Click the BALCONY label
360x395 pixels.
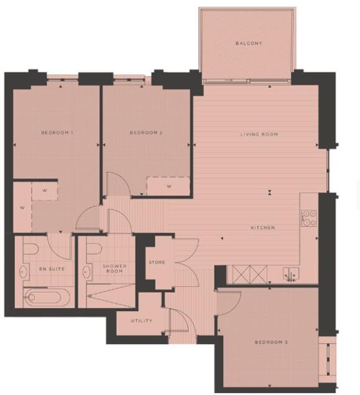point(249,43)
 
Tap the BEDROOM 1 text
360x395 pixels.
point(58,133)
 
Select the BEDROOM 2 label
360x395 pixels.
point(146,133)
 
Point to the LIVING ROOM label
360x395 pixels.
point(259,134)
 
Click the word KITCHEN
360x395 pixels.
point(263,228)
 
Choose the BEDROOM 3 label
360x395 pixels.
point(271,342)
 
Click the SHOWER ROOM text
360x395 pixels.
point(115,269)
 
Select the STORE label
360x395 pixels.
point(156,263)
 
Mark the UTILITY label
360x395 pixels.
point(142,321)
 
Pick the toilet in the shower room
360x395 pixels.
point(94,250)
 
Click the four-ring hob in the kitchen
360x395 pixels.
point(308,217)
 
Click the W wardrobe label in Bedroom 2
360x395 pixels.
point(168,186)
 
